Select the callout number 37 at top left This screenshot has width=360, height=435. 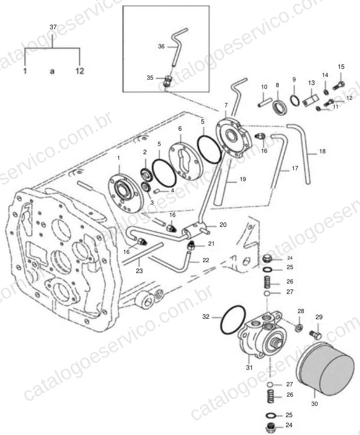click(x=53, y=27)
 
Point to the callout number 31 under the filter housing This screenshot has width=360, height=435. click(x=249, y=368)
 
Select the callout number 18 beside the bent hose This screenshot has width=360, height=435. click(x=322, y=151)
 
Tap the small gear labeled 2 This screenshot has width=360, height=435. click(x=145, y=174)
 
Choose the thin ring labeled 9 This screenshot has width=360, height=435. click(x=295, y=100)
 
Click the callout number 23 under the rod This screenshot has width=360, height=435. click(x=139, y=270)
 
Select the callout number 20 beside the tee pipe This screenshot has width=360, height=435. click(x=223, y=225)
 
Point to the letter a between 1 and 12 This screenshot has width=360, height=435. click(x=52, y=71)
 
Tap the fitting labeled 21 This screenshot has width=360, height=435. click(x=191, y=245)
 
